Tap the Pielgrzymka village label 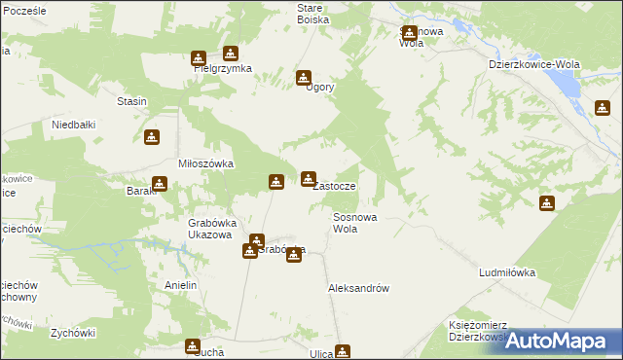pyautogui.click(x=222, y=69)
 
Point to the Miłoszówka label pyautogui.click(x=205, y=163)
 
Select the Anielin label pyautogui.click(x=181, y=285)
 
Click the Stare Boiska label pyautogui.click(x=312, y=13)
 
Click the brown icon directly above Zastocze pyautogui.click(x=309, y=177)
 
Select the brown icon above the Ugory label pyautogui.click(x=304, y=77)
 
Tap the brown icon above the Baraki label pyautogui.click(x=159, y=182)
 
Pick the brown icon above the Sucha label pyautogui.click(x=193, y=344)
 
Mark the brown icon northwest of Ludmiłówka pyautogui.click(x=547, y=202)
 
